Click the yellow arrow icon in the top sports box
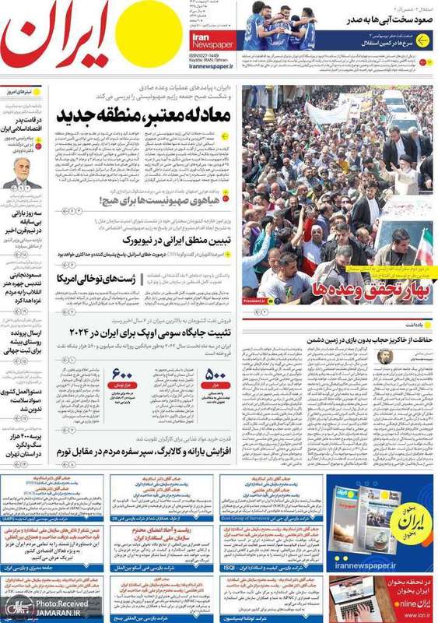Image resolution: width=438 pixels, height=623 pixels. (x=422, y=40)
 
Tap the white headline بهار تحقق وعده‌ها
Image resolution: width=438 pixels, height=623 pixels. (x=349, y=290)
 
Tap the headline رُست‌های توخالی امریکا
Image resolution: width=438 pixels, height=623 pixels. (x=86, y=277)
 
